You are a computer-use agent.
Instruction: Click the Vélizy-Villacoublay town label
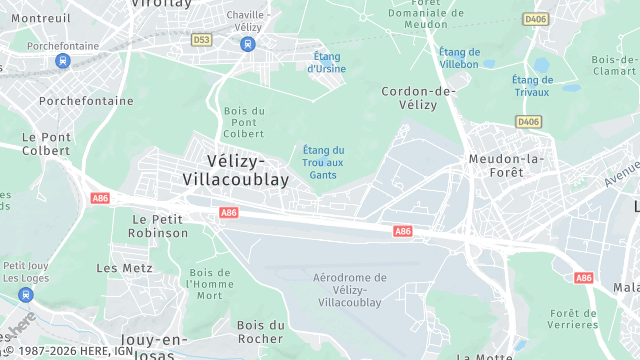coord(236,170)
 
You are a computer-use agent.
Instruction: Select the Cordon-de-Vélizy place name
coord(419,98)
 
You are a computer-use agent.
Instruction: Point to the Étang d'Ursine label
coord(327,63)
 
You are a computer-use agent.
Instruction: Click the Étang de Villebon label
coord(459,58)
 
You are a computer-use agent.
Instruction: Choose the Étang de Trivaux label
coord(532,86)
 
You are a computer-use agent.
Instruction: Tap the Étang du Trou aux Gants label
coord(323,163)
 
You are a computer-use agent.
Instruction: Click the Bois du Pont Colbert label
coord(244,121)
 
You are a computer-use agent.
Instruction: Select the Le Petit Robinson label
coord(158,226)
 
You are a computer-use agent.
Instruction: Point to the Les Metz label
coord(124,268)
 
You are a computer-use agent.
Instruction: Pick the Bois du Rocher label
coord(260,332)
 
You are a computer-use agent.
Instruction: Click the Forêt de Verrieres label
coord(573,319)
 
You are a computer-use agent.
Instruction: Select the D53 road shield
coord(203,40)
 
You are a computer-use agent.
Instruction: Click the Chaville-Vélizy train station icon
coord(248,43)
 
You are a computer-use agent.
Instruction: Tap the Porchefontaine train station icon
coord(63,61)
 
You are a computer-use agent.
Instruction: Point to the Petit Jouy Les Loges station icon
coord(26,296)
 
